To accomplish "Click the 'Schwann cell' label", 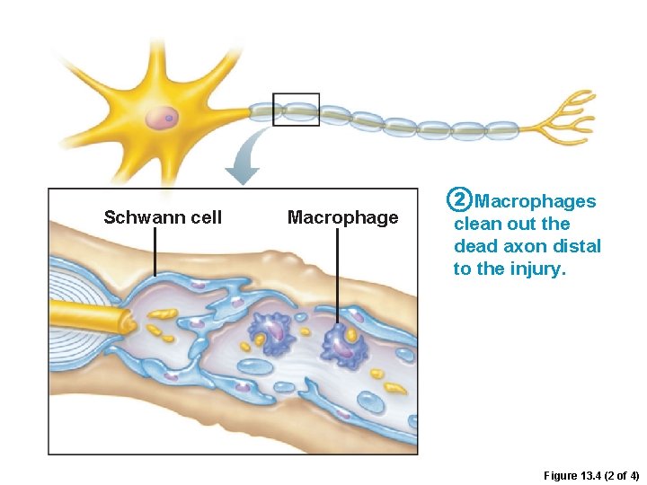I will pyautogui.click(x=163, y=217).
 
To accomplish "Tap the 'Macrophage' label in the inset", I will pyautogui.click(x=342, y=217).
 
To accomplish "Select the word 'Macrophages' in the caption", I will pyautogui.click(x=535, y=202).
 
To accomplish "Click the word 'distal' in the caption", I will pyautogui.click(x=575, y=246).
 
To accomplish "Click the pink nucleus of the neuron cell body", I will pyautogui.click(x=163, y=118).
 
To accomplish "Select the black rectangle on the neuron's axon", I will pyautogui.click(x=296, y=110).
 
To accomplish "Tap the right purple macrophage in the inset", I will pyautogui.click(x=341, y=342).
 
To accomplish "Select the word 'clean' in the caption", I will pyautogui.click(x=477, y=225).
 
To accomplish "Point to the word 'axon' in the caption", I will pyautogui.click(x=527, y=246).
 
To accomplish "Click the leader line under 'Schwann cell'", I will pyautogui.click(x=155, y=251).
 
